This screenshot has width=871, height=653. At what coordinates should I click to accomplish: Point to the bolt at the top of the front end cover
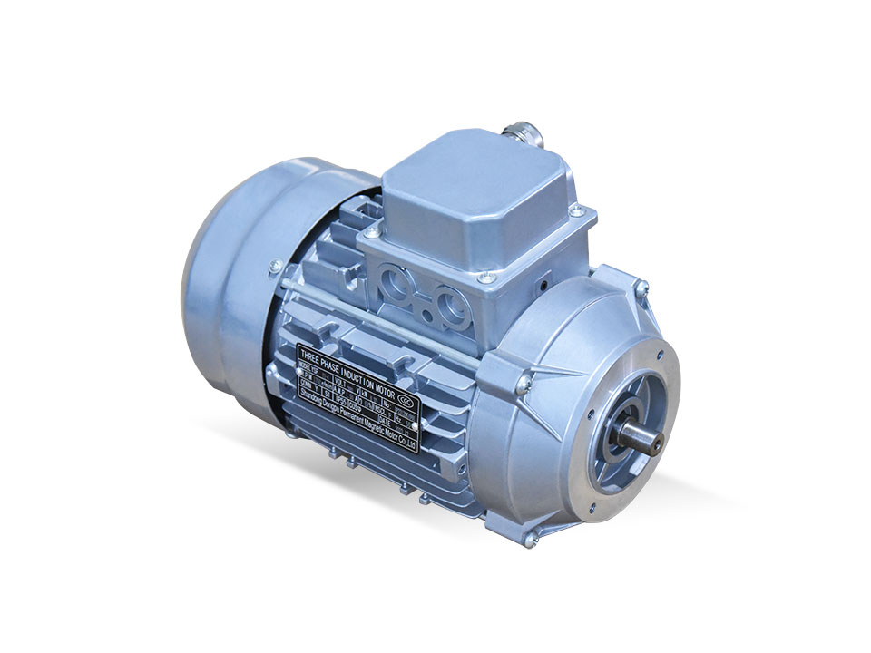point(641,289)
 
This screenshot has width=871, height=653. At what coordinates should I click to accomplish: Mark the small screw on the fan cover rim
point(270,266)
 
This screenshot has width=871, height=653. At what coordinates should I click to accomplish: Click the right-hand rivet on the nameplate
point(415,424)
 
